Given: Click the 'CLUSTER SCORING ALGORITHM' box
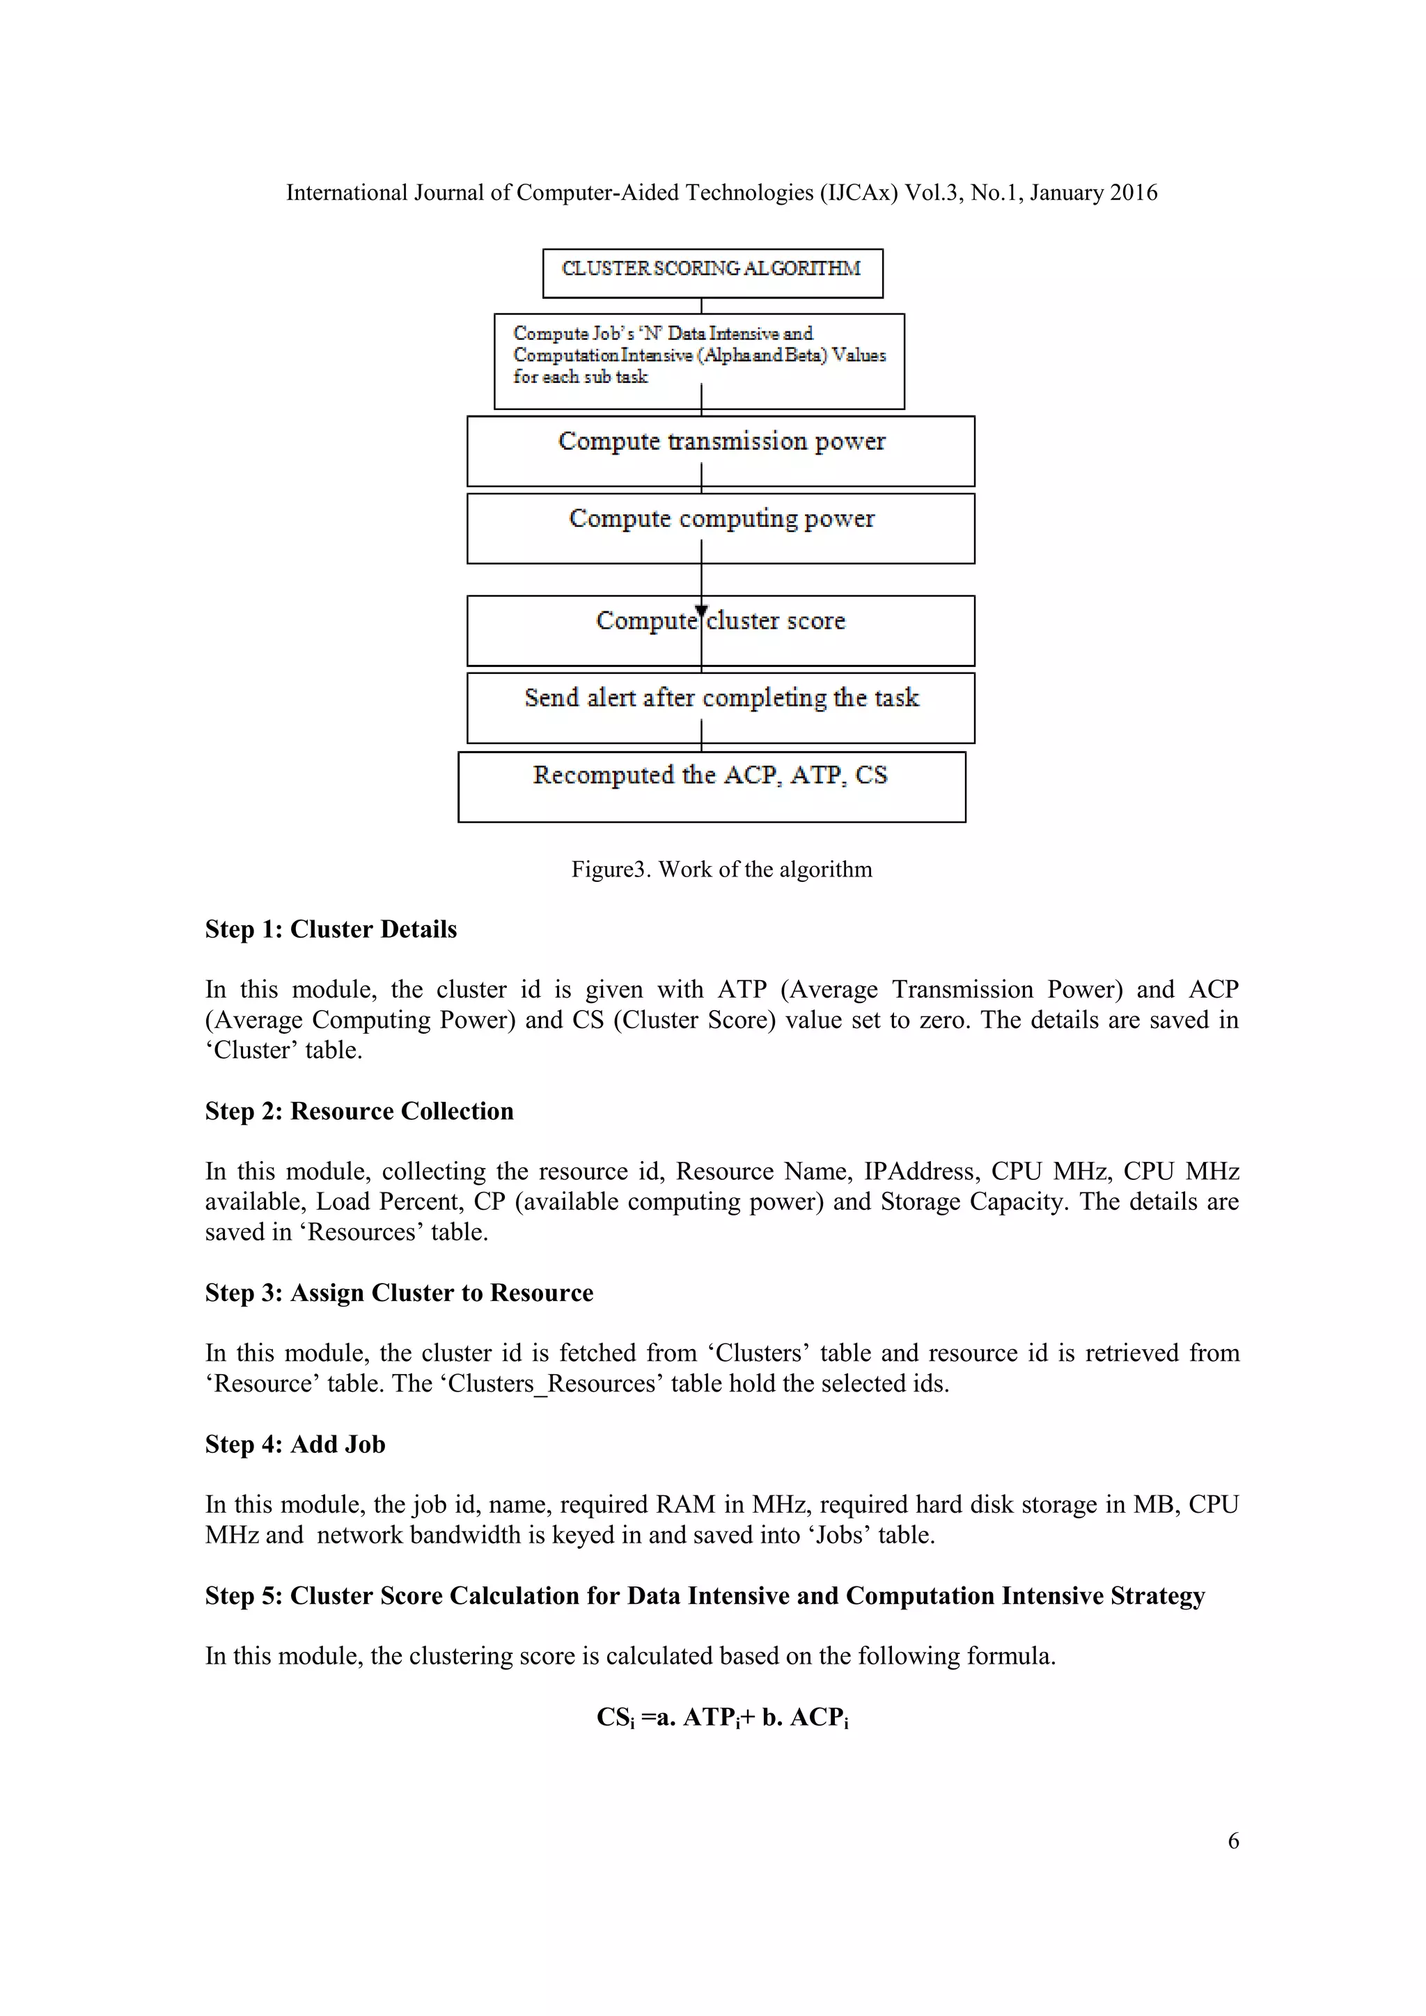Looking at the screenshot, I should click(x=712, y=272).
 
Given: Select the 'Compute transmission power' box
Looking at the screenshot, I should click(x=720, y=450).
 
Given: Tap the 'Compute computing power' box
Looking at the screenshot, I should click(x=720, y=528).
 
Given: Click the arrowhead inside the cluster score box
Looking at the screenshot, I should click(x=700, y=611).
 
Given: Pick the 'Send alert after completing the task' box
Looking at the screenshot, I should click(x=720, y=708).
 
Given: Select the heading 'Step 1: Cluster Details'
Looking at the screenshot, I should click(x=330, y=929).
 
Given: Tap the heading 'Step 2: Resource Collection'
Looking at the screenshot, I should click(x=359, y=1111).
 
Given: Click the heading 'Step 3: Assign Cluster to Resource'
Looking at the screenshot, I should click(x=399, y=1293).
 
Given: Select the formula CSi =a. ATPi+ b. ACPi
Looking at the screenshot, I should click(x=722, y=1717).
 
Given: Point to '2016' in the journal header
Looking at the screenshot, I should click(x=1133, y=192).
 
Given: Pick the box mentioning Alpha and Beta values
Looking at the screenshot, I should click(x=699, y=361).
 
